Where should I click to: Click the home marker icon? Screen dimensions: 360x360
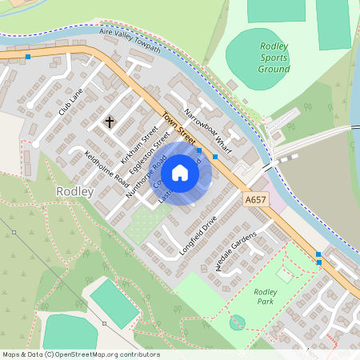[x=180, y=172]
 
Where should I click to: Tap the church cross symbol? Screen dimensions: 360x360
[x=110, y=122]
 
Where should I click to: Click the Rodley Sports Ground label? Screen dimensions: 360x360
[x=274, y=58]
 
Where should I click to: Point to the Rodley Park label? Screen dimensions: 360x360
[x=266, y=298]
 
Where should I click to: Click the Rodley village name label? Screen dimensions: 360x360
[x=75, y=193]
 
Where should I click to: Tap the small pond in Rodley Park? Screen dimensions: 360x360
[x=237, y=322]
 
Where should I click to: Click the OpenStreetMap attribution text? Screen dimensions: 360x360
[x=70, y=354]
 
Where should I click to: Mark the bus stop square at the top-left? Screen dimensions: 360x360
[x=28, y=57]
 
